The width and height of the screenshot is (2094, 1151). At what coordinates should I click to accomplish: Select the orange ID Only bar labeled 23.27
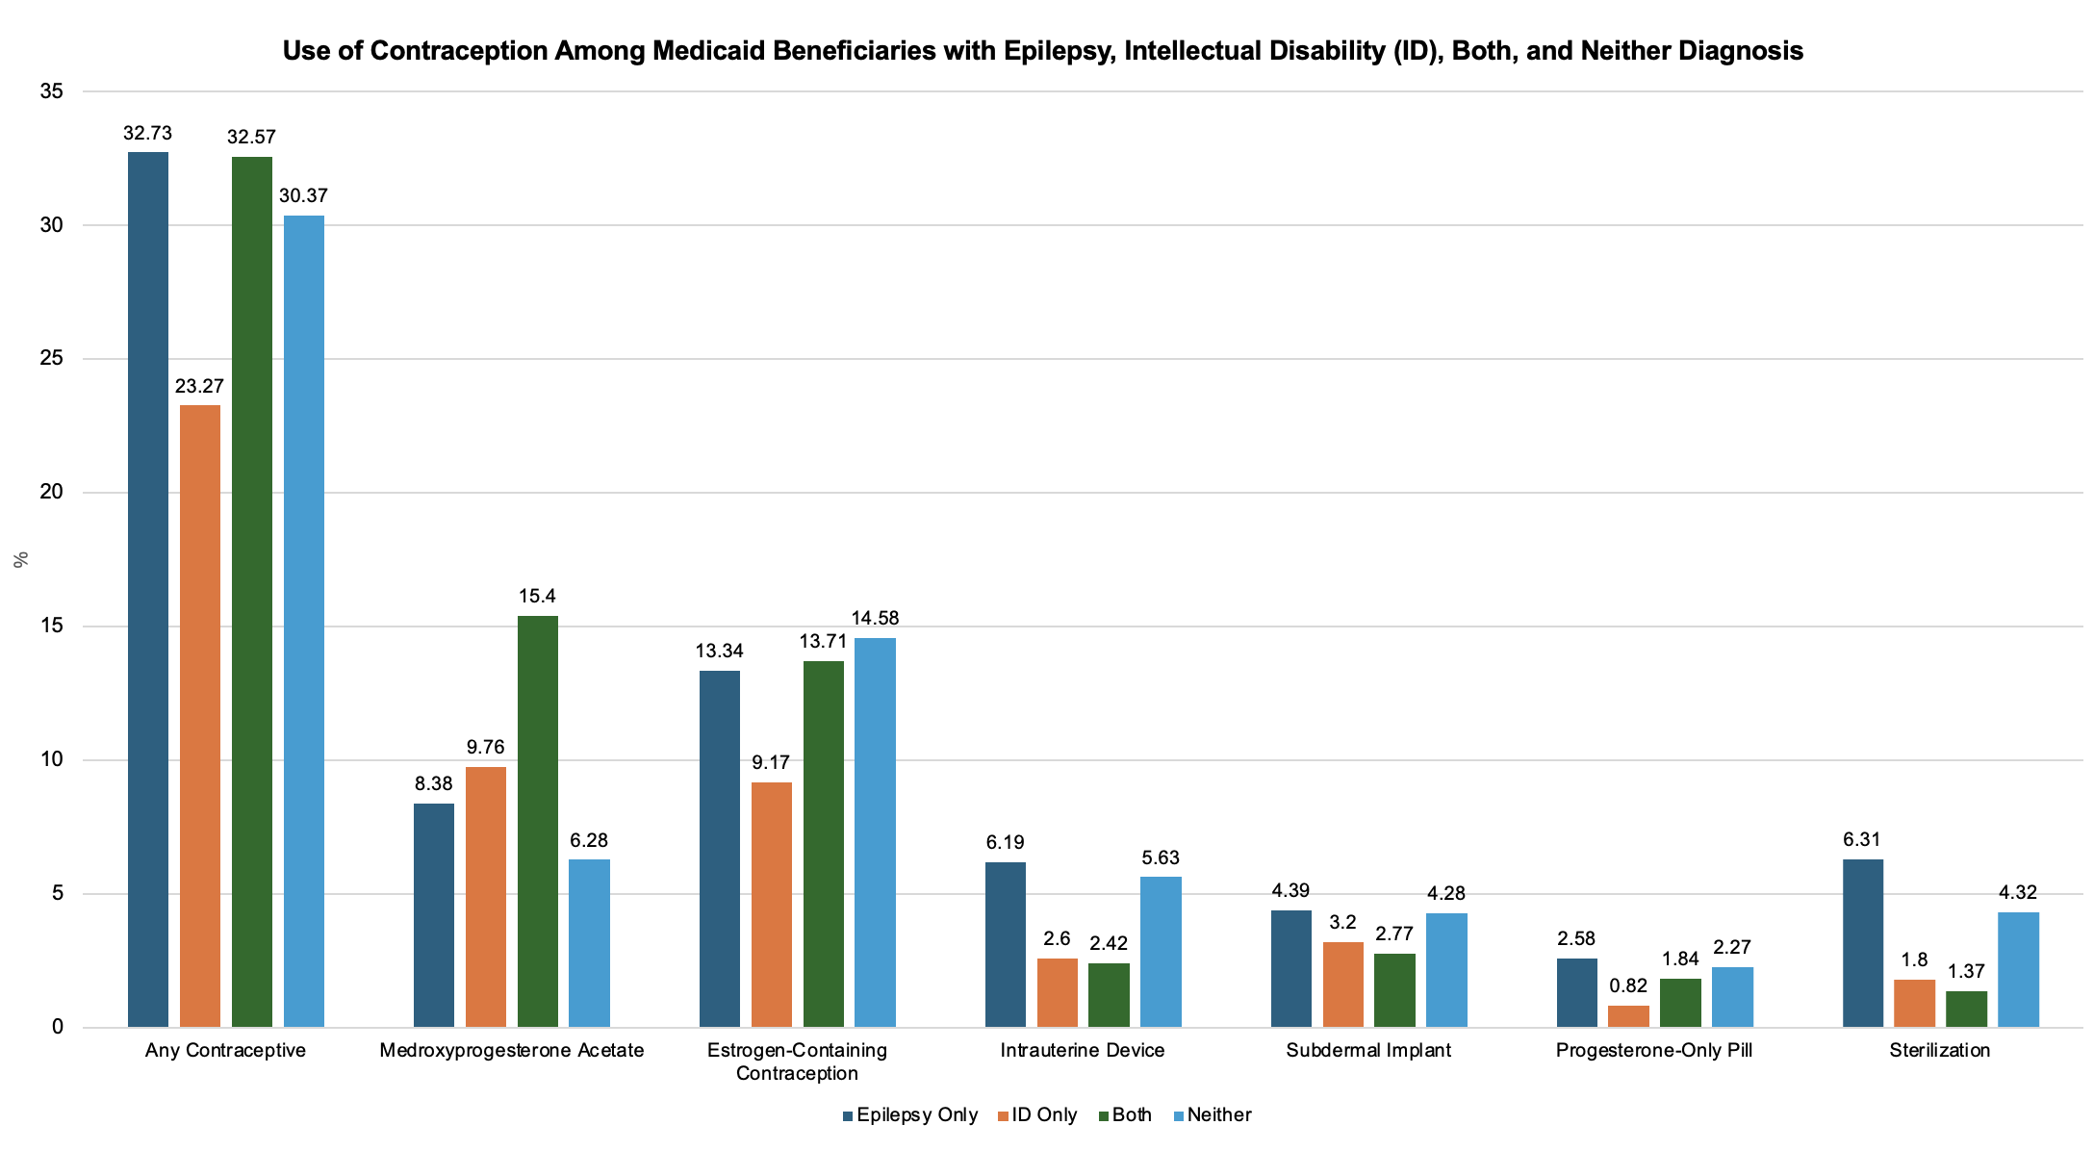[199, 716]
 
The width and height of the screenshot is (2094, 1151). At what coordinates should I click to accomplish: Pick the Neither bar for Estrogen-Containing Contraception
[875, 832]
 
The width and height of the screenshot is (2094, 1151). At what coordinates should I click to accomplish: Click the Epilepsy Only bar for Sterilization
[1862, 943]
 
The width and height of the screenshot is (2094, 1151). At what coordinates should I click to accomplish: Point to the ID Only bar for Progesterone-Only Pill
[1628, 1016]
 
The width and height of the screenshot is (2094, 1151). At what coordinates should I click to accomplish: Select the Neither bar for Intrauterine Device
[1161, 952]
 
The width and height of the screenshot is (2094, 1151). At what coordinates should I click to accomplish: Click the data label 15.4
[538, 597]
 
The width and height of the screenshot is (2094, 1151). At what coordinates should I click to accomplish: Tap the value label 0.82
[1628, 985]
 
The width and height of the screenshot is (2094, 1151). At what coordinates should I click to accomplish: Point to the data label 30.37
[303, 196]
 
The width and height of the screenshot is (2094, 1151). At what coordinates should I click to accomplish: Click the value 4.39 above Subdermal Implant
[1290, 891]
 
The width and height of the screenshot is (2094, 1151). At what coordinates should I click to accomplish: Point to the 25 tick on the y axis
[52, 359]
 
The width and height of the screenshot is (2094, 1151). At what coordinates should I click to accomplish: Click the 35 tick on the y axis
[52, 92]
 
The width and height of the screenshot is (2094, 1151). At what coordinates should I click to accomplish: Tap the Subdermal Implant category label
[1368, 1050]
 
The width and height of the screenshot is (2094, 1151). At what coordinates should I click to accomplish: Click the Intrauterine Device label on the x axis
[1083, 1050]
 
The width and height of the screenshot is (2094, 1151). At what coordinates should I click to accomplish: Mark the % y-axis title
[21, 560]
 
